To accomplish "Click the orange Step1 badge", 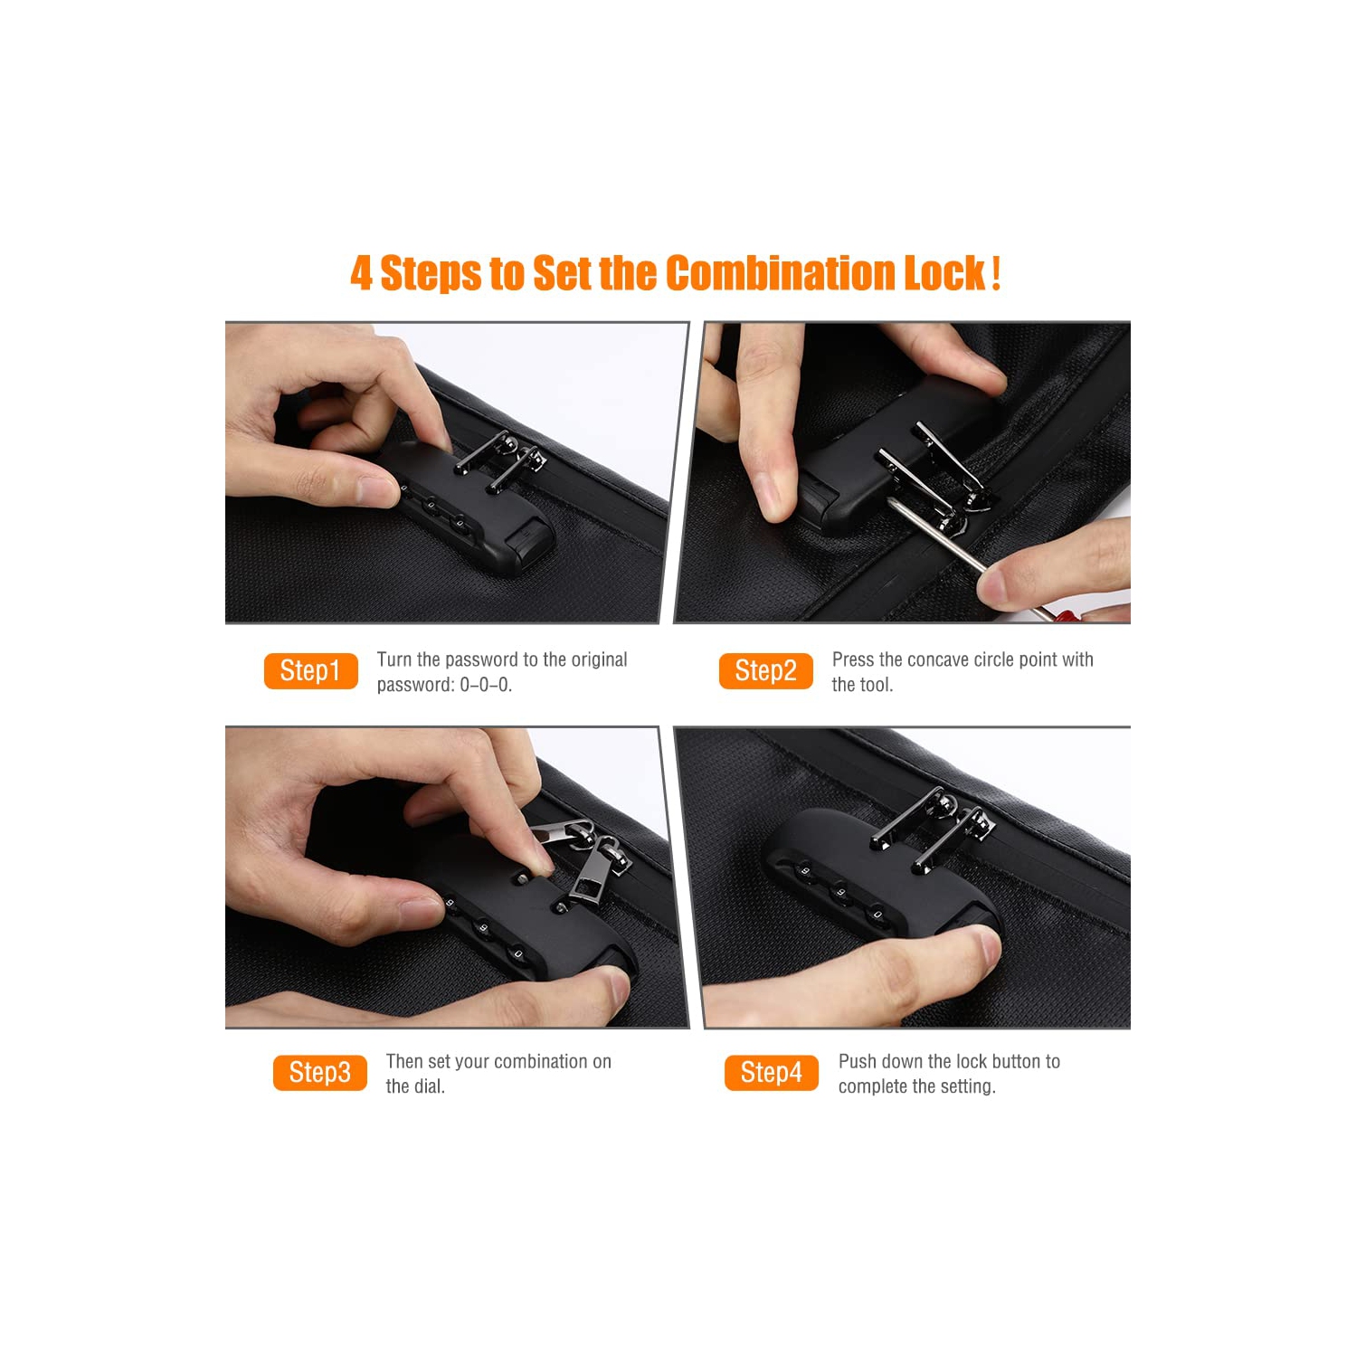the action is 310,670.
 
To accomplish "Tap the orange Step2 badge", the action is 765,670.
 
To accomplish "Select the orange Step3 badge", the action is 319,1072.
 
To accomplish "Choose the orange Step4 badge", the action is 771,1072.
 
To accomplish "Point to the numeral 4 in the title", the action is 361,273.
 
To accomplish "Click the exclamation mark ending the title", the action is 996,273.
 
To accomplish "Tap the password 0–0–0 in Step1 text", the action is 486,685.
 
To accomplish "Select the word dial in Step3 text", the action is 430,1086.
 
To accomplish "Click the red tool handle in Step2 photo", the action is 1064,617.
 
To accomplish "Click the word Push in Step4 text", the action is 856,1061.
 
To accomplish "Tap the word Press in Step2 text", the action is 853,659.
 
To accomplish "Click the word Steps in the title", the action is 431,273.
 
